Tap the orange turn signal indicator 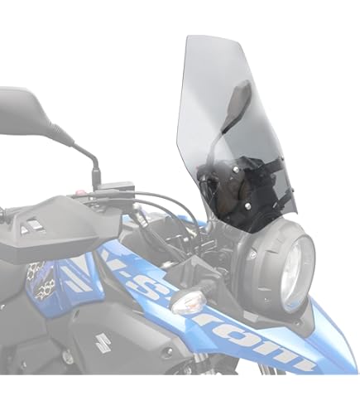(187, 301)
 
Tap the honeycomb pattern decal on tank (37, 277)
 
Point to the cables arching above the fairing (166, 203)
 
